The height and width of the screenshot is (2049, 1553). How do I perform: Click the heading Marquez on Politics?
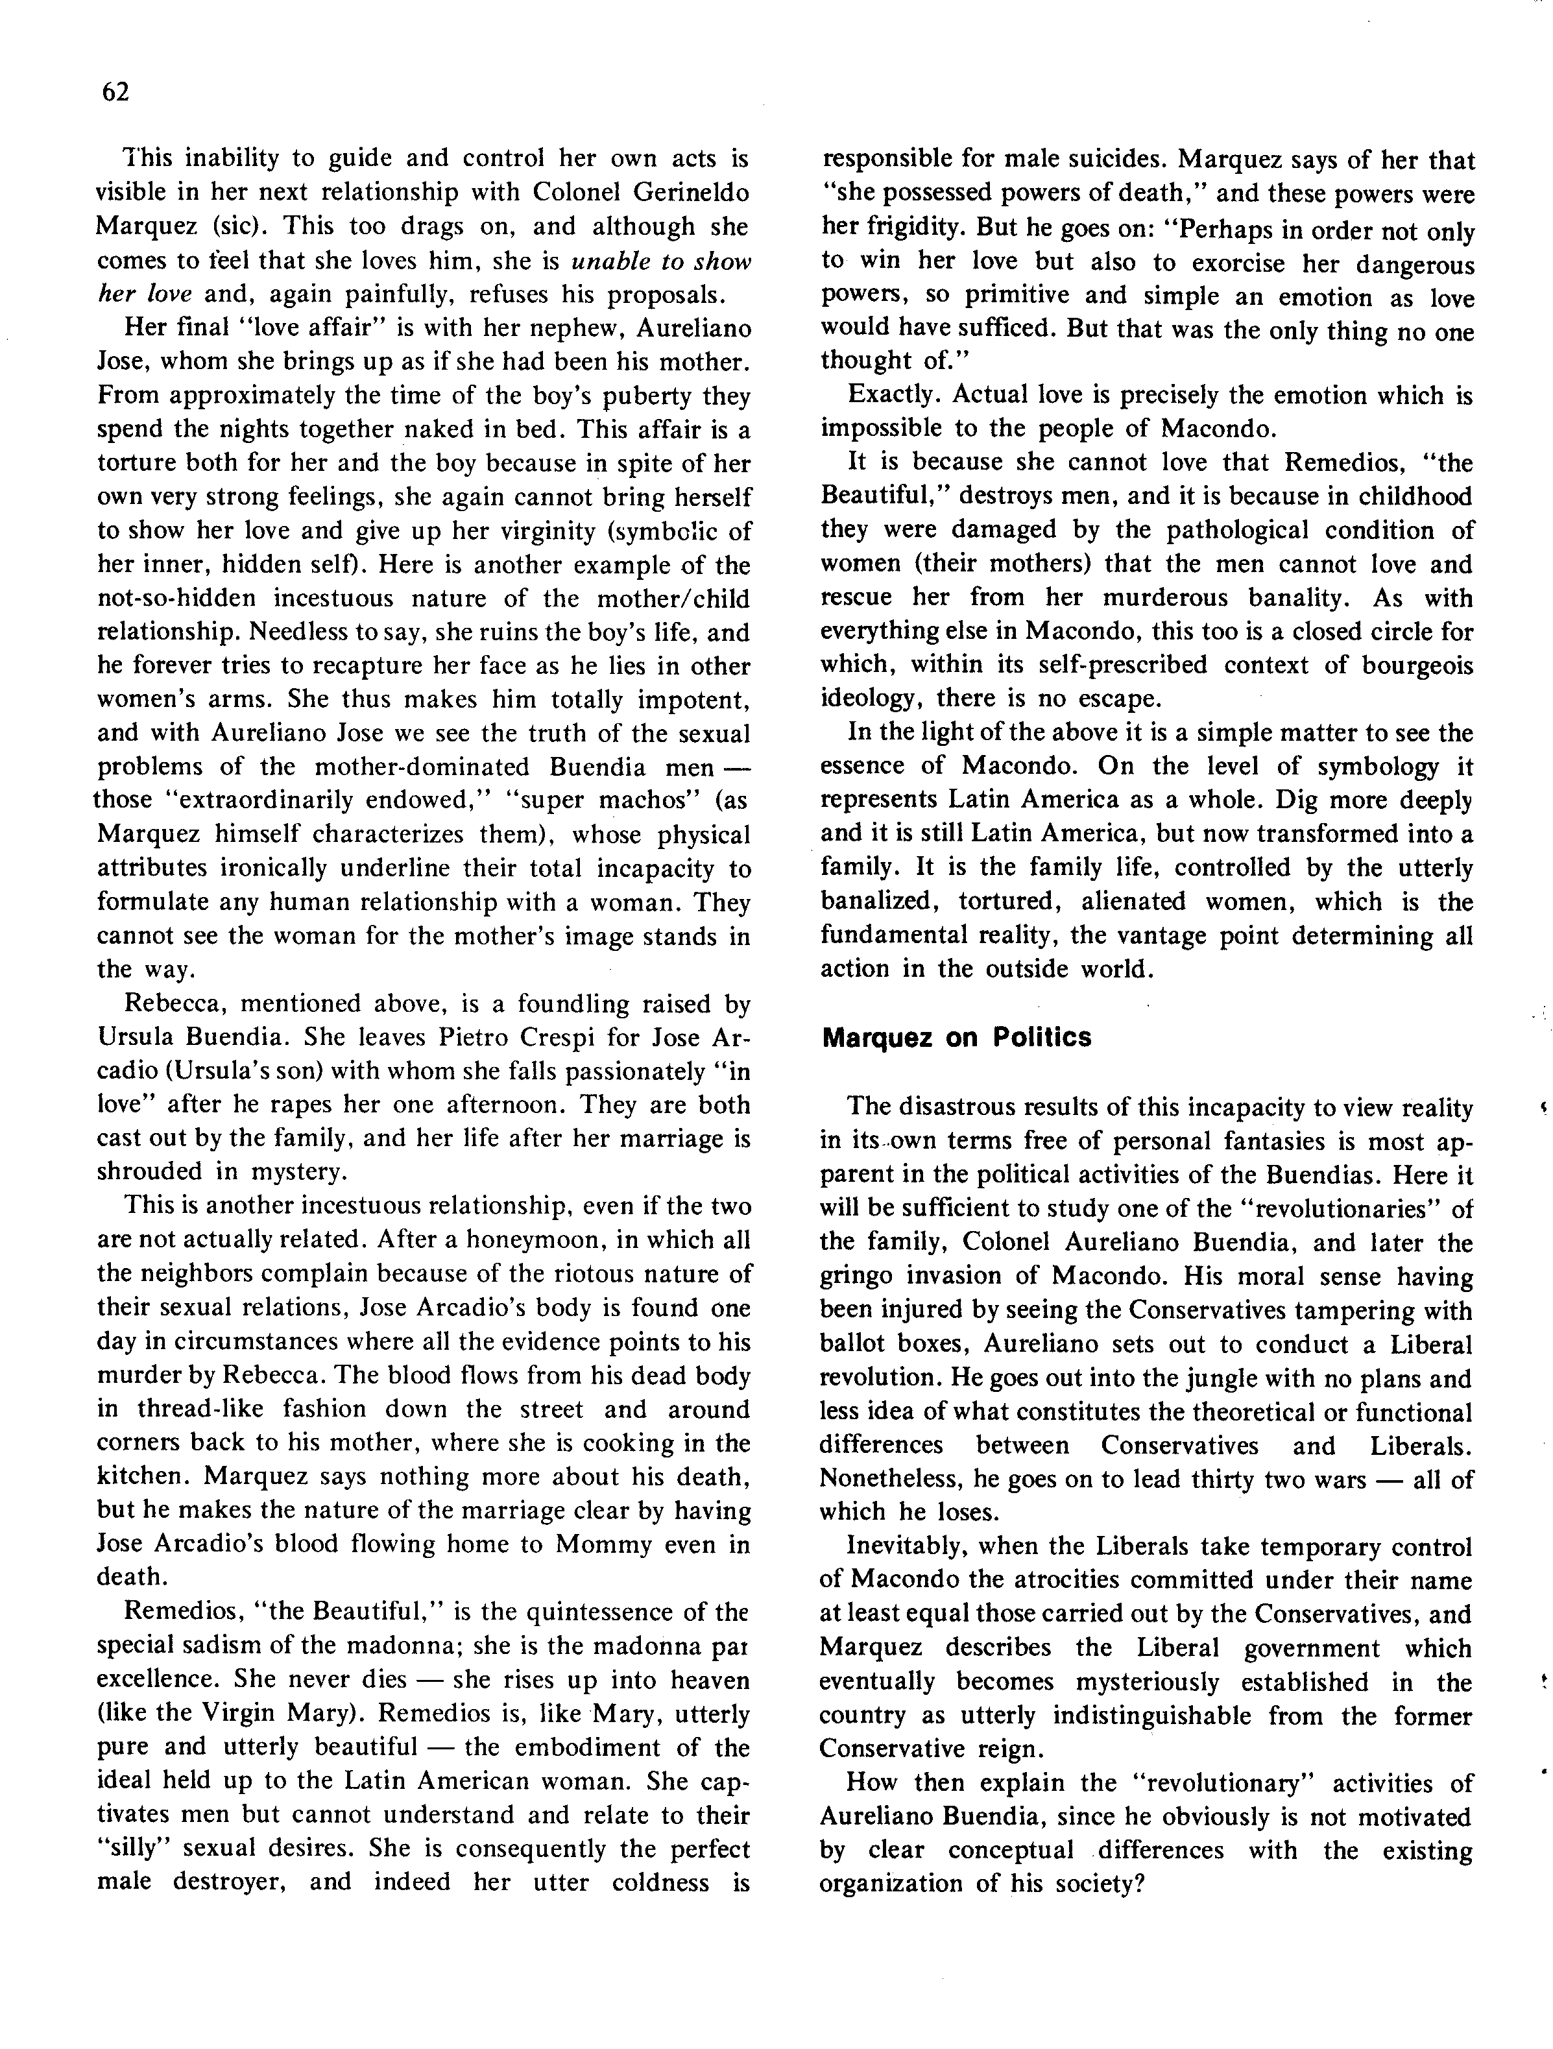pos(956,1037)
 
